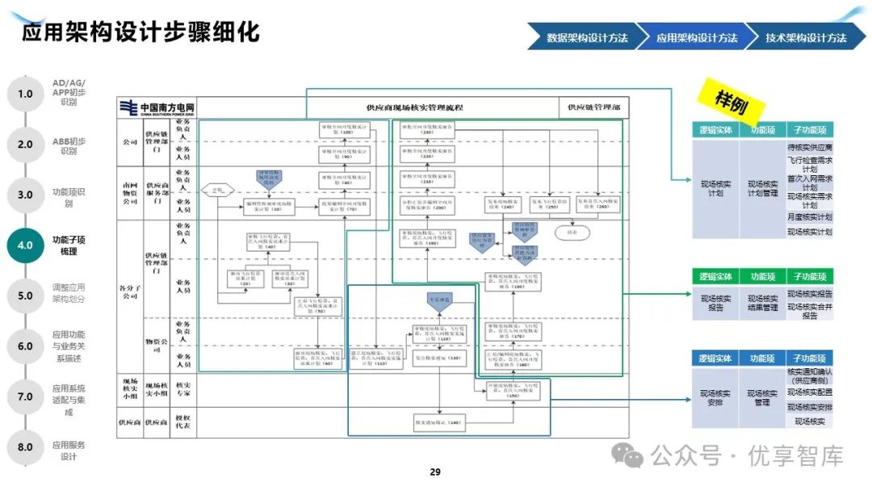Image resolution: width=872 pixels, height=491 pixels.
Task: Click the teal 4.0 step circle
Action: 25,245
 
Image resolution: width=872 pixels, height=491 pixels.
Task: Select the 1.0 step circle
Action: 25,94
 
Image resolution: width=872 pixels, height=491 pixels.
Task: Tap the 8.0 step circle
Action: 25,447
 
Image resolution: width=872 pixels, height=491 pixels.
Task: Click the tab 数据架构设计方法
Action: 586,38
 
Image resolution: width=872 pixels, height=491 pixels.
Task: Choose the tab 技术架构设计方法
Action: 806,38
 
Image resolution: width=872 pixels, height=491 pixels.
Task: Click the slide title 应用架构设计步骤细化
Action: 140,32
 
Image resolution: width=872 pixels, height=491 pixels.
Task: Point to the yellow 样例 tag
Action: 732,100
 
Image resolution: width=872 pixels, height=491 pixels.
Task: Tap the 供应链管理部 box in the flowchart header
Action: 593,107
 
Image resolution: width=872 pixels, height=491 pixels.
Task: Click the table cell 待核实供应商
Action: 810,148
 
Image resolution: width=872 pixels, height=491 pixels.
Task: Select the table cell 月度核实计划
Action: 810,217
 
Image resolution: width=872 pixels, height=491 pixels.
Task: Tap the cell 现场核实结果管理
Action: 762,302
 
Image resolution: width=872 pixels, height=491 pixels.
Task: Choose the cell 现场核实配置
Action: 810,392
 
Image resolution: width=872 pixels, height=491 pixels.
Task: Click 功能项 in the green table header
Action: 762,276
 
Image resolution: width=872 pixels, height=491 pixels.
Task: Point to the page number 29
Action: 435,472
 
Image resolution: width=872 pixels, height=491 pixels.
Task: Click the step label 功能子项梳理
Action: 69,245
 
